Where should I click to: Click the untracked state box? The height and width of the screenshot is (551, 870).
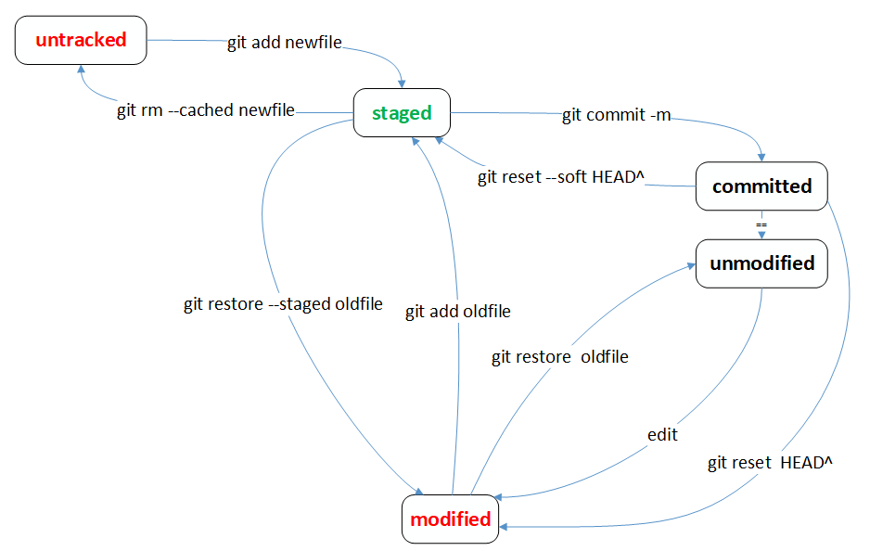click(81, 40)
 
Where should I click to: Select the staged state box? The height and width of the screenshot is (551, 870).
click(402, 112)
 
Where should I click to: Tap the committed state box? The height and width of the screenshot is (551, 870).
click(761, 186)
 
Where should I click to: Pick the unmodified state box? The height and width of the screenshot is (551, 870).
click(761, 263)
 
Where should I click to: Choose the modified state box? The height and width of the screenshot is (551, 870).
click(450, 519)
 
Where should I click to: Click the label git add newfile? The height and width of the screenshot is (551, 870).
click(285, 43)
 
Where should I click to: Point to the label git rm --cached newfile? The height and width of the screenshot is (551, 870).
click(206, 110)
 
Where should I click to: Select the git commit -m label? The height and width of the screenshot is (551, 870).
click(617, 115)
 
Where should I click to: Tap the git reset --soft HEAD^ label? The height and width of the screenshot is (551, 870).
click(561, 177)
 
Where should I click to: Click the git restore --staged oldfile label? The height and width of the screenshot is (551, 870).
click(283, 304)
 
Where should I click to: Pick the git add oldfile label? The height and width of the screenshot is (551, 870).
click(458, 312)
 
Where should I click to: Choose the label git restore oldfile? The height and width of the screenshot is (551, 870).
click(560, 357)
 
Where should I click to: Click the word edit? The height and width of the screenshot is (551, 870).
click(662, 434)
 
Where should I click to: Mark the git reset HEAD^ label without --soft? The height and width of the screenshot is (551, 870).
click(770, 463)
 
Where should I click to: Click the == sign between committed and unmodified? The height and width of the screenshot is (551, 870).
click(761, 224)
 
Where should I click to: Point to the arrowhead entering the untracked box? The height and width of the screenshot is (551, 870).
click(81, 70)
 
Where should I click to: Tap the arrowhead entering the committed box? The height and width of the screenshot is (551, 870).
click(761, 158)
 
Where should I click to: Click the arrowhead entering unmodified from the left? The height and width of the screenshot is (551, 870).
click(691, 266)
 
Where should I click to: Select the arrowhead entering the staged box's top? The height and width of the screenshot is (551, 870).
click(402, 83)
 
